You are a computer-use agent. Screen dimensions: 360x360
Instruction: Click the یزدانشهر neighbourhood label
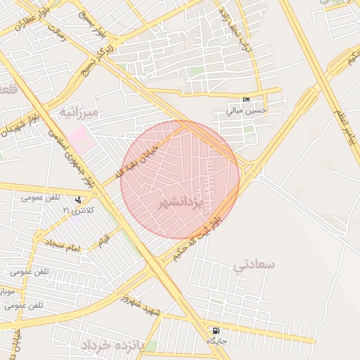[x=179, y=204]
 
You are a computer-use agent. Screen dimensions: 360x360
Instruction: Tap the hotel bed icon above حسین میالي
[x=245, y=101]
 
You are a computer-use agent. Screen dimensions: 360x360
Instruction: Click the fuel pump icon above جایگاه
[x=215, y=330]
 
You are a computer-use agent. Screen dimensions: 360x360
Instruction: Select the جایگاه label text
[x=216, y=340]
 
